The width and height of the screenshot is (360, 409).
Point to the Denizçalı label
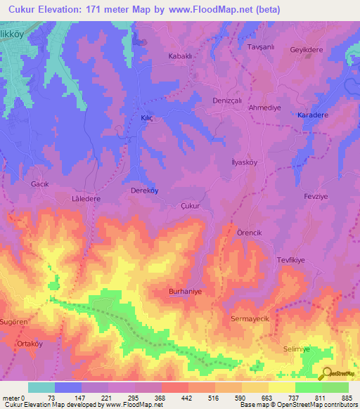(227, 100)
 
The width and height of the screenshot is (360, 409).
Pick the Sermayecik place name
(250, 319)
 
